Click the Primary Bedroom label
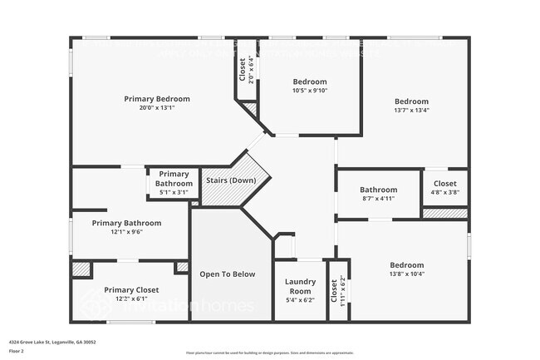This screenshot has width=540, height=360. click(x=157, y=99)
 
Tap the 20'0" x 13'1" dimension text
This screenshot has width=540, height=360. click(x=157, y=108)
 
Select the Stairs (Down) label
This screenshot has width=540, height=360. click(x=230, y=180)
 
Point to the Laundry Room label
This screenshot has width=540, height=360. click(x=300, y=286)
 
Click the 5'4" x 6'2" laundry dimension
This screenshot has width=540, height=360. click(x=300, y=300)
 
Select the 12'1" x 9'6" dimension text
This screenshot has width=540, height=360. click(x=126, y=233)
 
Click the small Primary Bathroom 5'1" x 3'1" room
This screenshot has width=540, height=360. click(x=174, y=183)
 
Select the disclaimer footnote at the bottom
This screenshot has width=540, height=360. click(x=269, y=353)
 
